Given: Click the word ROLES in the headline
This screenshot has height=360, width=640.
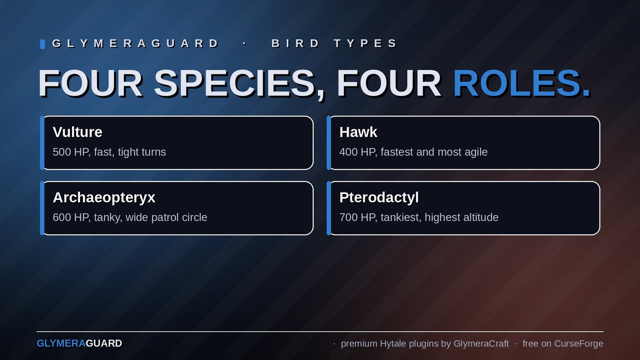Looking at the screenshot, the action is (518, 84).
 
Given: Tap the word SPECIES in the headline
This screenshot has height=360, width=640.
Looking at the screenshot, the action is (234, 84).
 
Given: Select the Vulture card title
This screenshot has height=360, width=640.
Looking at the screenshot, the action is (78, 132).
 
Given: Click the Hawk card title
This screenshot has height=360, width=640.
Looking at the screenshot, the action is (358, 132).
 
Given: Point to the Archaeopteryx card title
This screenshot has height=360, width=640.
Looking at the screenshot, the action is (104, 198).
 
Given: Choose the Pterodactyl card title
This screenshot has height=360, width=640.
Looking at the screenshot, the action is (379, 198).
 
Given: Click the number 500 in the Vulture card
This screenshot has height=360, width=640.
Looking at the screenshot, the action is (62, 152).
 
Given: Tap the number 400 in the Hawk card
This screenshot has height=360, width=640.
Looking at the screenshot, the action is (348, 152).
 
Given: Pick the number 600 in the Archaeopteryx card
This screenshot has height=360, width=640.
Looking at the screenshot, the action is (62, 218).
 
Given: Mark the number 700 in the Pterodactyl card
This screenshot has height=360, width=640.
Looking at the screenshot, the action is (348, 218).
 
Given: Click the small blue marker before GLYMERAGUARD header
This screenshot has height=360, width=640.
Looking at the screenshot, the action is (42, 44).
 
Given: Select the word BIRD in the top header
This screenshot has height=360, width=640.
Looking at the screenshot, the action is (295, 44).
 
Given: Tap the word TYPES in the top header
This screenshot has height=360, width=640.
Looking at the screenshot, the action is (365, 44).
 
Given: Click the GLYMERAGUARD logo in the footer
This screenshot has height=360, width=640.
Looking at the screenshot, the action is (80, 344).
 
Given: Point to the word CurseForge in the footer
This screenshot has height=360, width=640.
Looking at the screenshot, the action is (578, 344).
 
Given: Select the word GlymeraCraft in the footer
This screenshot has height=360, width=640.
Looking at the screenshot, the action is (481, 344).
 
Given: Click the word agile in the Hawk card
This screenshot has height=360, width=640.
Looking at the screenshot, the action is (476, 152).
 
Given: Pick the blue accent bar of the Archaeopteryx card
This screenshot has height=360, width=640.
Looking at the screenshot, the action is (42, 208).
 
